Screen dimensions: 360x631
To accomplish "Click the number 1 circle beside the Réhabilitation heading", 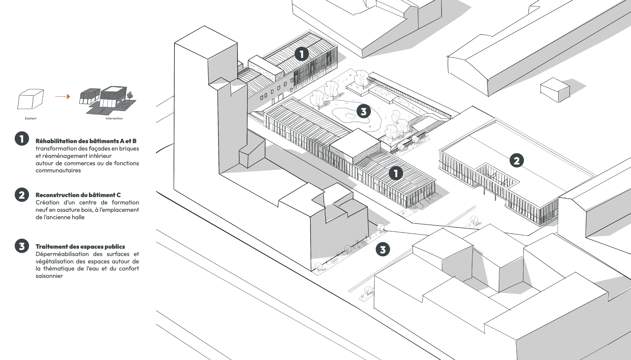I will pyautogui.click(x=22, y=139).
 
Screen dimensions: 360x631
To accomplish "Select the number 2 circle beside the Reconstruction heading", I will pyautogui.click(x=22, y=195).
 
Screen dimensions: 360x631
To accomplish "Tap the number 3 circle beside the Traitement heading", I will pyautogui.click(x=22, y=246).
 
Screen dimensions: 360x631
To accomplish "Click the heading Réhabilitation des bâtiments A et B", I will pyautogui.click(x=86, y=141).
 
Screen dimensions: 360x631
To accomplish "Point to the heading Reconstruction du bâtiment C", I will pyautogui.click(x=78, y=195).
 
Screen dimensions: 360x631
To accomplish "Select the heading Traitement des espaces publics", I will pyautogui.click(x=80, y=247).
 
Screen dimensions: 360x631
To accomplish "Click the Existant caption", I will pyautogui.click(x=31, y=118).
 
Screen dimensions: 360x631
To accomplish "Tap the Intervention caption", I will pyautogui.click(x=114, y=118).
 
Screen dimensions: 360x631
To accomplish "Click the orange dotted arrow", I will pyautogui.click(x=63, y=97).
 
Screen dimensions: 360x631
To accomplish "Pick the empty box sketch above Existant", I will pyautogui.click(x=31, y=99).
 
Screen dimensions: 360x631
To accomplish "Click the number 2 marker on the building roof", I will pyautogui.click(x=517, y=161).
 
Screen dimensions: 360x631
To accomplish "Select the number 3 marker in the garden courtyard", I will pyautogui.click(x=364, y=111).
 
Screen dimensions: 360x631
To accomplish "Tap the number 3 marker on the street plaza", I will pyautogui.click(x=383, y=249).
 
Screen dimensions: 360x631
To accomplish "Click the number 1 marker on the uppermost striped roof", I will pyautogui.click(x=302, y=54).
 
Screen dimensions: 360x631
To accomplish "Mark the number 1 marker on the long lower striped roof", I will pyautogui.click(x=396, y=173).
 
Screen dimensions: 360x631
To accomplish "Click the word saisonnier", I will pyautogui.click(x=49, y=276).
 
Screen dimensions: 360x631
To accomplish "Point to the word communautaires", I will pyautogui.click(x=58, y=171).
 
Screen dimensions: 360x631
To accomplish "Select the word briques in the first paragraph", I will pyautogui.click(x=129, y=149).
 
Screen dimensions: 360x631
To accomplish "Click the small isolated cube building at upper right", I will pyautogui.click(x=555, y=89).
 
